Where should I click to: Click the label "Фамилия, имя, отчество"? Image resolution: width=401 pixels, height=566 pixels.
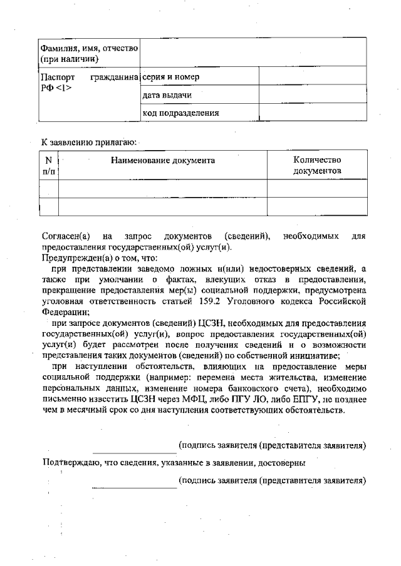pos(89,48)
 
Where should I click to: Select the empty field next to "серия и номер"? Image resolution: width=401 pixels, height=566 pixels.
pos(312,77)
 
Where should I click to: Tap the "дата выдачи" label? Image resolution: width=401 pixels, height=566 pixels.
pos(167,95)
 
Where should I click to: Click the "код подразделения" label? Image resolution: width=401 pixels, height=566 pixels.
pos(180,113)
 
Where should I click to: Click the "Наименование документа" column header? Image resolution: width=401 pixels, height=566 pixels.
pos(163,160)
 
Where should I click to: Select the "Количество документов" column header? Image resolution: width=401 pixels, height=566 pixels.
pos(317,165)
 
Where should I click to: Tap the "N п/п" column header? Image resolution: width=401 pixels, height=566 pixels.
pos(48,165)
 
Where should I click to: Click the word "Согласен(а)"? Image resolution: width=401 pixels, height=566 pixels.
pos(66,236)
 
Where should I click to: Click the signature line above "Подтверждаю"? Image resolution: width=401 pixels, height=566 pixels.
pos(134,452)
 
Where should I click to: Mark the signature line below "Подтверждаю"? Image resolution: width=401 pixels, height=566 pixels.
pos(134,487)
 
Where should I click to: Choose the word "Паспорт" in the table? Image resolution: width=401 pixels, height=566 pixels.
pos(55,77)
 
